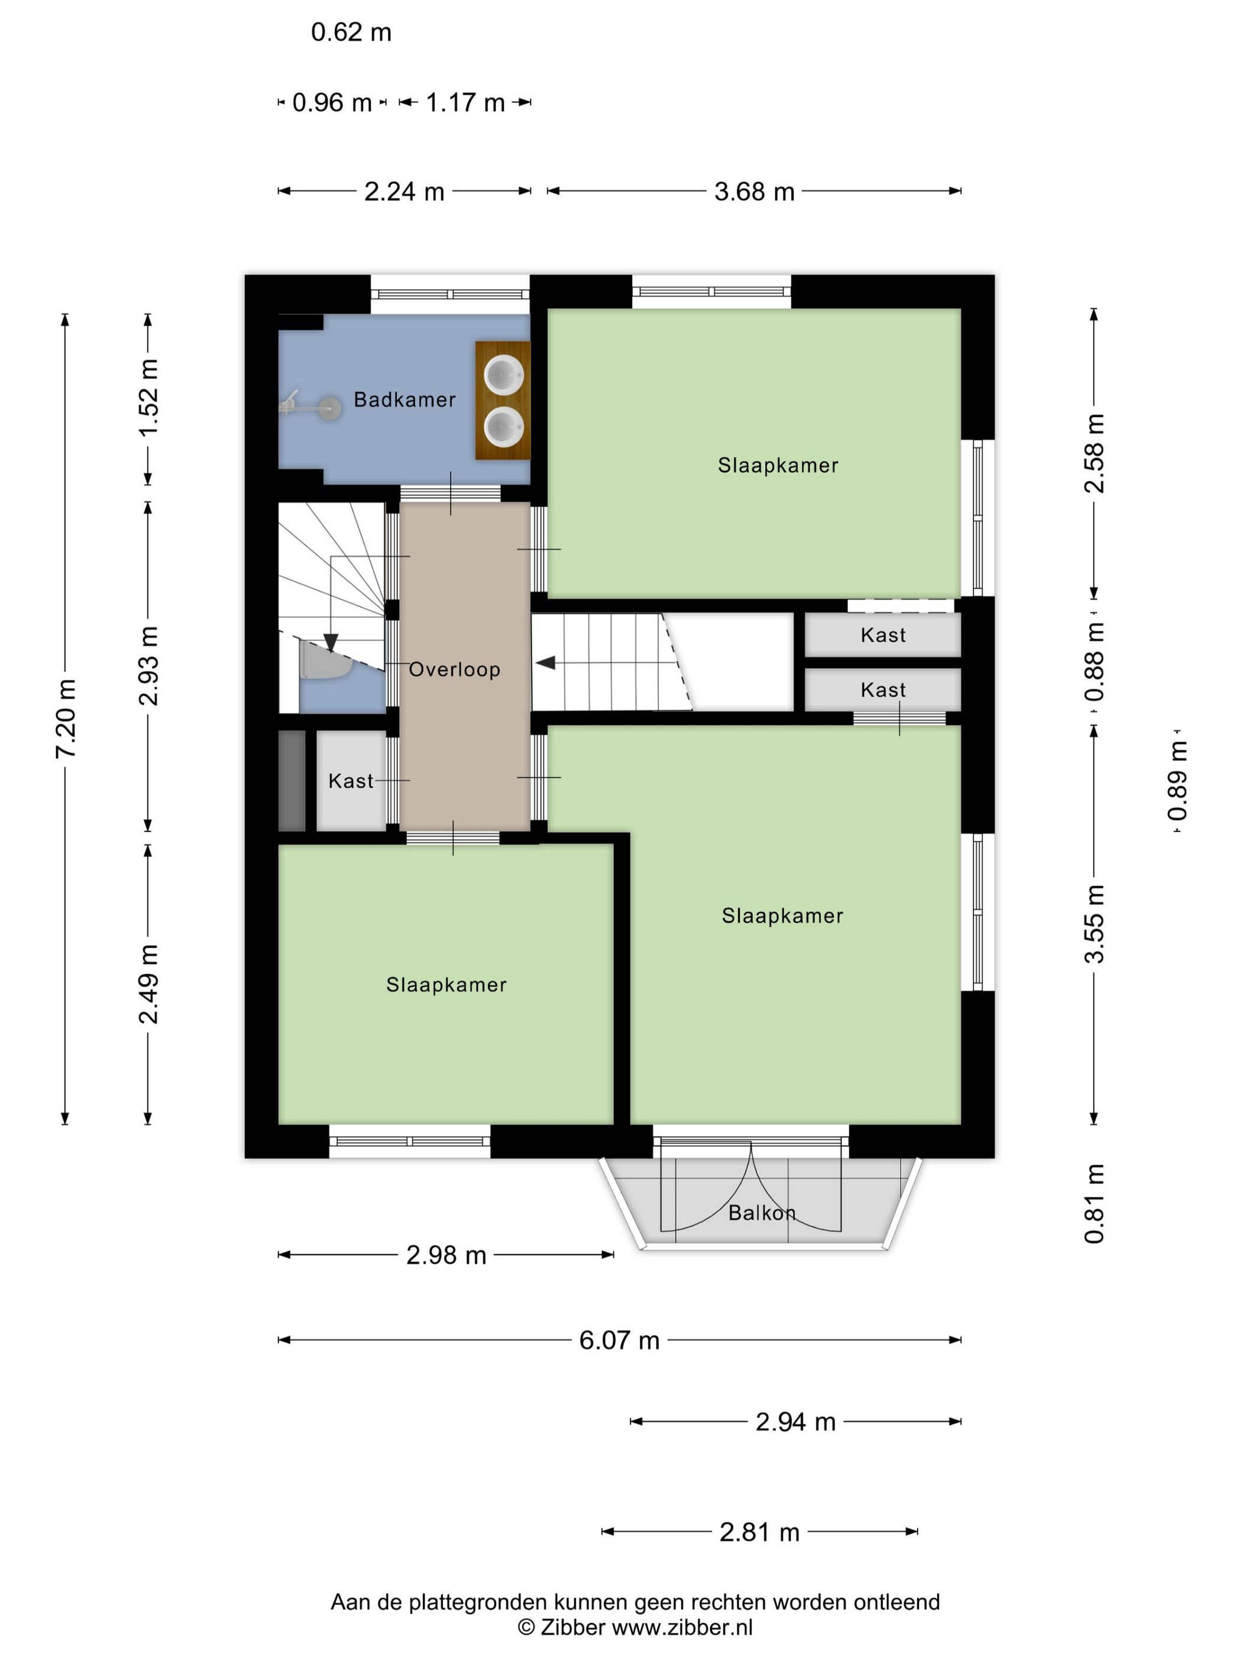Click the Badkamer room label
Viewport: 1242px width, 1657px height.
coord(405,399)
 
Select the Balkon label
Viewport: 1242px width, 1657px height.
coord(761,1212)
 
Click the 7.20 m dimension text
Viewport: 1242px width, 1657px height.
coord(66,718)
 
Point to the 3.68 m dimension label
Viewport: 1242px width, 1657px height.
coord(754,191)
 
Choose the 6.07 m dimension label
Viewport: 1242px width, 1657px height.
coord(619,1340)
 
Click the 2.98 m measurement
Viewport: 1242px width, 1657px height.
coord(446,1255)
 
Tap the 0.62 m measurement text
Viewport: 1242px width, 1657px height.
coord(351,32)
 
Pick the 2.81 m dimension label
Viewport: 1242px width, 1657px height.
coord(759,1533)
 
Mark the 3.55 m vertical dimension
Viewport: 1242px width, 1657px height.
coord(1094,924)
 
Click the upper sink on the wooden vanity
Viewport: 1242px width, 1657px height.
coord(503,375)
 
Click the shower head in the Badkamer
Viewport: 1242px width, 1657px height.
coord(329,408)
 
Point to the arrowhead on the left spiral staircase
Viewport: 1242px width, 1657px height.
coord(330,643)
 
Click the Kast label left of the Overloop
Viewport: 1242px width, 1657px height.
coord(350,781)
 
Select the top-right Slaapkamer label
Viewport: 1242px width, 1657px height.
coord(778,465)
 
